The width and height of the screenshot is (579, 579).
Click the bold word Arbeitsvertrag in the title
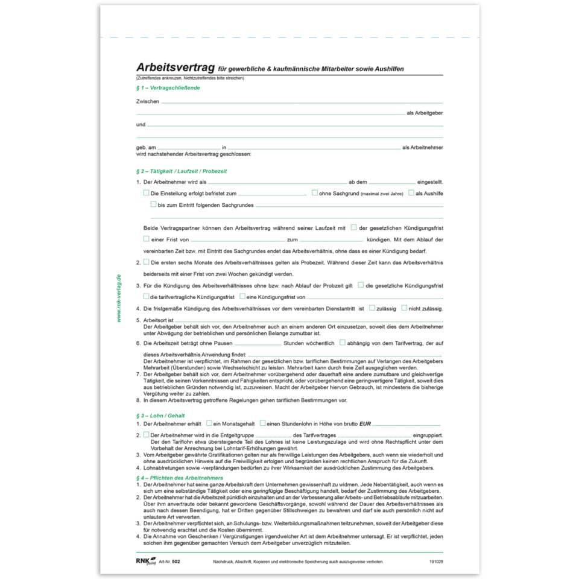[x=176, y=68]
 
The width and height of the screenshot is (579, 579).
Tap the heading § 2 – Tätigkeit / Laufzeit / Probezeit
[x=182, y=171]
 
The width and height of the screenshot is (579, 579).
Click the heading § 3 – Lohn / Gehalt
[x=160, y=416]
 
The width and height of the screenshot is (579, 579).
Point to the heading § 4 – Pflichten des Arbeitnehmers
[x=180, y=478]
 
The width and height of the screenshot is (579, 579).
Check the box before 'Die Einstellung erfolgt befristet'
[x=146, y=193]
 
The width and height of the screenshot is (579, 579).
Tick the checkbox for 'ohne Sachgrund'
[x=315, y=193]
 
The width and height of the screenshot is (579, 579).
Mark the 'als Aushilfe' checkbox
[x=411, y=193]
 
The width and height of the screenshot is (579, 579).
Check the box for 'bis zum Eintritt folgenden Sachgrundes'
[x=153, y=204]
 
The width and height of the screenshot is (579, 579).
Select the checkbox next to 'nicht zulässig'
[x=404, y=308]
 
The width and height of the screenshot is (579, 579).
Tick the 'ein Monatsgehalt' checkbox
[x=209, y=423]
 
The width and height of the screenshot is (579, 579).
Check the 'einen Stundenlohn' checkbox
[x=262, y=423]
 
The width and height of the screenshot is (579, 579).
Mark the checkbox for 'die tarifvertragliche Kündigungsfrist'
[x=146, y=296]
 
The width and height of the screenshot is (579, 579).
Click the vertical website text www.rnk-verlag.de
[x=119, y=298]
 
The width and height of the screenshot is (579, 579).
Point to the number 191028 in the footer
[x=435, y=562]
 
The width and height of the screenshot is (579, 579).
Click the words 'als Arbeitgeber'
[x=425, y=113]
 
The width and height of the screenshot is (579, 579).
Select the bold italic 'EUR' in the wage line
[x=365, y=424]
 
